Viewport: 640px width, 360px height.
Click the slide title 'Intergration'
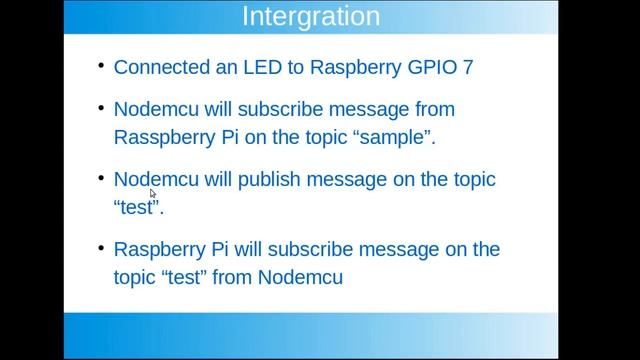(312, 17)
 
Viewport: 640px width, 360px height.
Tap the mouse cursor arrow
(152, 194)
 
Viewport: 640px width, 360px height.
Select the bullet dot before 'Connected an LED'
(102, 66)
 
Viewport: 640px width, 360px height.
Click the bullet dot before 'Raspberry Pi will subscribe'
(102, 246)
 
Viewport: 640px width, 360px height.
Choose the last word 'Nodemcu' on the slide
(301, 277)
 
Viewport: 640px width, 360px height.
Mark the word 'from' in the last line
(231, 277)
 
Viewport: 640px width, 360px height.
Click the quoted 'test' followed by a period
(136, 208)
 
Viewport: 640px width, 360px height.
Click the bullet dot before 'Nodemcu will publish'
(102, 177)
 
